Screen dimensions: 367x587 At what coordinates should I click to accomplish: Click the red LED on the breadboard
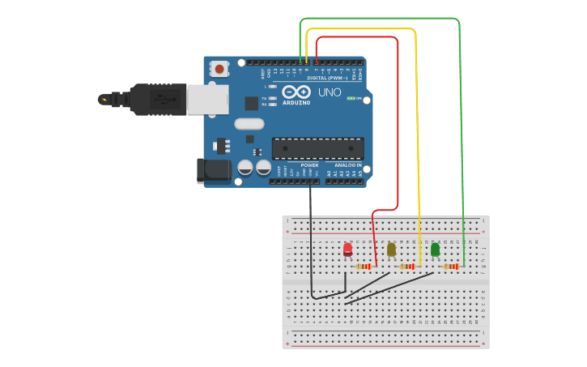click(x=347, y=249)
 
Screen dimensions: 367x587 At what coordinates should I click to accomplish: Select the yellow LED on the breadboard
click(x=391, y=250)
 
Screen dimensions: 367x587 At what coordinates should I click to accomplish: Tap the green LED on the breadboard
click(x=435, y=250)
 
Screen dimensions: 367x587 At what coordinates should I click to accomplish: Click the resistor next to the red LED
click(x=364, y=266)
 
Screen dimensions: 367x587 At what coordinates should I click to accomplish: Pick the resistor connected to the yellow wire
click(x=406, y=266)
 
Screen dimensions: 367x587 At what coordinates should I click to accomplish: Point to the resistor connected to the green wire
click(x=450, y=266)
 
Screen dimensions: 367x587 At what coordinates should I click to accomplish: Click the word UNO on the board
click(x=330, y=92)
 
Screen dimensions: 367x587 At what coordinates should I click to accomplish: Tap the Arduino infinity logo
click(x=296, y=92)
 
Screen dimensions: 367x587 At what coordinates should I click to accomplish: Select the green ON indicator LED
click(x=351, y=98)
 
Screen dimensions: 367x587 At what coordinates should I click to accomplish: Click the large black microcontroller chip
click(x=317, y=148)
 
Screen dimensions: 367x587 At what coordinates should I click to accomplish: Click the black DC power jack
click(x=214, y=170)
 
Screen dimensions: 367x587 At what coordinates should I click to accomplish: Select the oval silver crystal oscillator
click(x=249, y=124)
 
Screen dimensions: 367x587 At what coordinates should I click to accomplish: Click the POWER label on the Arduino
click(x=309, y=164)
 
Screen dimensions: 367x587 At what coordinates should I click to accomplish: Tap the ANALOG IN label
click(x=348, y=164)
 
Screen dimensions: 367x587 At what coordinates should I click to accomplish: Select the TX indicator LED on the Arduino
click(x=273, y=98)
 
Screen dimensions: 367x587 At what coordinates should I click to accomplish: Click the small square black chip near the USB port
click(x=252, y=103)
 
